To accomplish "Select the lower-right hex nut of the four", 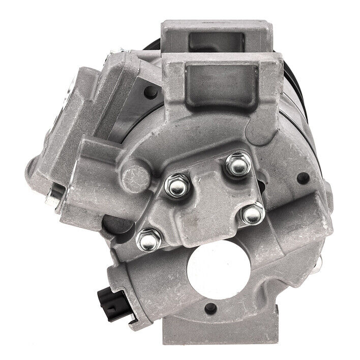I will tap(250, 214).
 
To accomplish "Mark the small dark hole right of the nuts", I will tap(304, 178).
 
